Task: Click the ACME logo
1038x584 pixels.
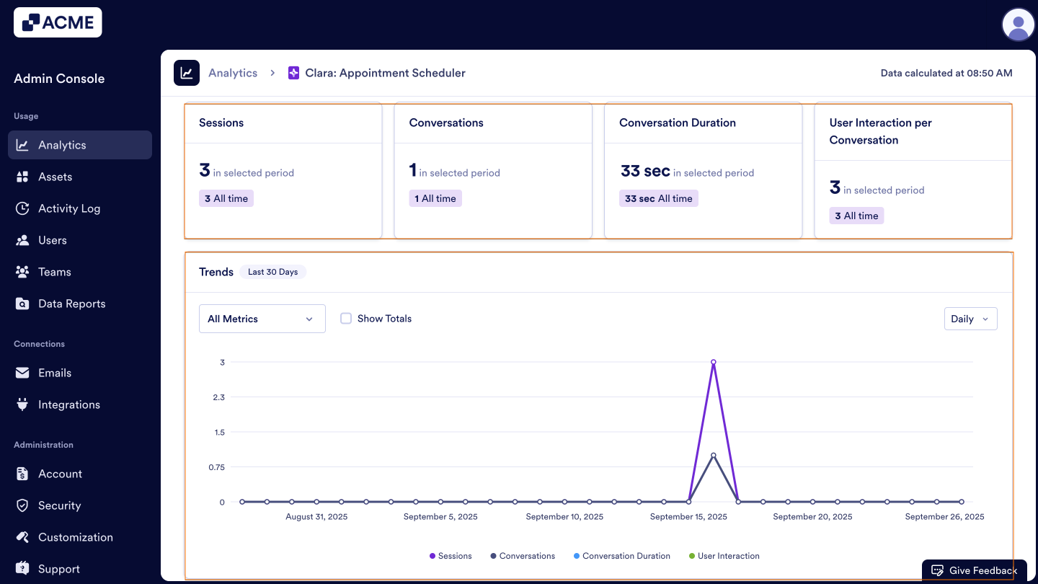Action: click(58, 22)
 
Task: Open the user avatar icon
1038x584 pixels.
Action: click(1018, 25)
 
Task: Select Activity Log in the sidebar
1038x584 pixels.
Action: click(69, 208)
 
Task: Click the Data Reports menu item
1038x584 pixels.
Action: click(71, 304)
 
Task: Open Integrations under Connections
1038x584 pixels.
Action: click(68, 404)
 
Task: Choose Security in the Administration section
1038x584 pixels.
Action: click(59, 505)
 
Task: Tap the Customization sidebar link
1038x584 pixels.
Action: click(75, 537)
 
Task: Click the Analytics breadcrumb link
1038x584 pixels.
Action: click(233, 73)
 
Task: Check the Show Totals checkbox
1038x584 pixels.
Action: click(346, 319)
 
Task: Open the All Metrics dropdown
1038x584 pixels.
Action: click(262, 319)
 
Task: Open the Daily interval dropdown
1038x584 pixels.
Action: click(970, 319)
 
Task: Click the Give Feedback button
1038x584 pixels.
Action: click(975, 570)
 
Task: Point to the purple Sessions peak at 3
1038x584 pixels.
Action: click(713, 362)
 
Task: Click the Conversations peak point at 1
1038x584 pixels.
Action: click(713, 455)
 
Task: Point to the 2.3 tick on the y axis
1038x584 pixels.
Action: click(218, 397)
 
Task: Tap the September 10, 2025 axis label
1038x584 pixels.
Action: click(564, 516)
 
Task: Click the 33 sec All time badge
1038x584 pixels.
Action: click(658, 198)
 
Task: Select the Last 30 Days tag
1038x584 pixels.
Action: click(272, 272)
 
